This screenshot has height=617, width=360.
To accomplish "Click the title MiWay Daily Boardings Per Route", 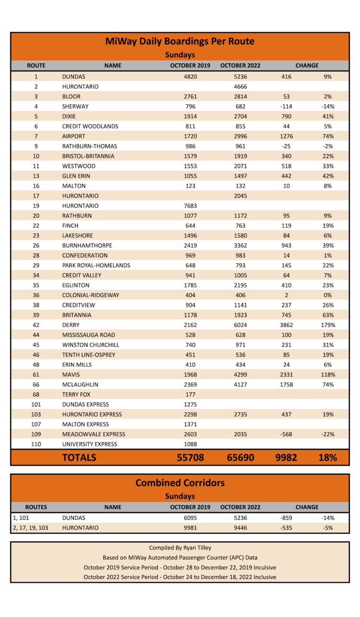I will [180, 41].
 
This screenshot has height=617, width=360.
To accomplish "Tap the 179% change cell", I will [328, 325].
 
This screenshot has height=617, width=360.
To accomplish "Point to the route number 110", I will [36, 444].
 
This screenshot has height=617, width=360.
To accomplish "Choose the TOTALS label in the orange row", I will [79, 457].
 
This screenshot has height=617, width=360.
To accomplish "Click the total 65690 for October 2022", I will [240, 457].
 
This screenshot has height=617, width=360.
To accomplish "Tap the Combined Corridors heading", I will [180, 483].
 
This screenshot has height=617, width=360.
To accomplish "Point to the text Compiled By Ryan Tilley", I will [180, 548].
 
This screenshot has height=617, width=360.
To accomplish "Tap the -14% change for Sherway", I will [328, 107].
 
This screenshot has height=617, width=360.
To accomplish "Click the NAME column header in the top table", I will [113, 66].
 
